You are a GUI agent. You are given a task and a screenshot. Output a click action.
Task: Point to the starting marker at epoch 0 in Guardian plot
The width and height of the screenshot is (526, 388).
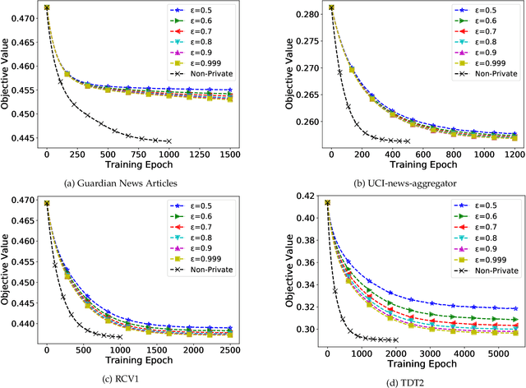click(x=47, y=7)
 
